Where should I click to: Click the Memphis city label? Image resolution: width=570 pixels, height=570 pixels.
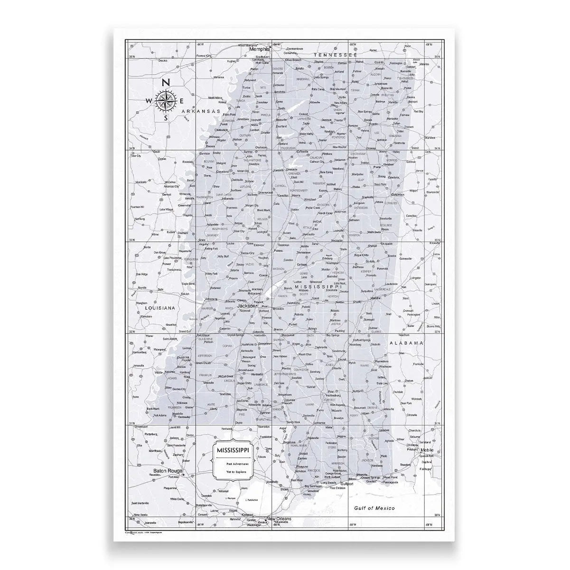pyautogui.click(x=260, y=49)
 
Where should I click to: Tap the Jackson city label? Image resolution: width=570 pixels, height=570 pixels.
pyautogui.click(x=246, y=306)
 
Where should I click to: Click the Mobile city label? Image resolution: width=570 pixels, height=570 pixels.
pyautogui.click(x=427, y=449)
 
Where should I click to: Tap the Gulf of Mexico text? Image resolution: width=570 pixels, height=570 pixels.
pyautogui.click(x=374, y=508)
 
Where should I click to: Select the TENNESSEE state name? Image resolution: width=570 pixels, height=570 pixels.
pyautogui.click(x=335, y=55)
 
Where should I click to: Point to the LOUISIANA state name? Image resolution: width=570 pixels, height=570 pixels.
pyautogui.click(x=159, y=308)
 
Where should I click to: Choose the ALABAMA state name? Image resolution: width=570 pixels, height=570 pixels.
pyautogui.click(x=406, y=342)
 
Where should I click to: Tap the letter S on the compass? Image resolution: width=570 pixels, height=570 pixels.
pyautogui.click(x=166, y=118)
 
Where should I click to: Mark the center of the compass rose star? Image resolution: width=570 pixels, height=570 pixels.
pyautogui.click(x=166, y=100)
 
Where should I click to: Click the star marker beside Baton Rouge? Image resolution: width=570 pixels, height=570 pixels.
pyautogui.click(x=182, y=474)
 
